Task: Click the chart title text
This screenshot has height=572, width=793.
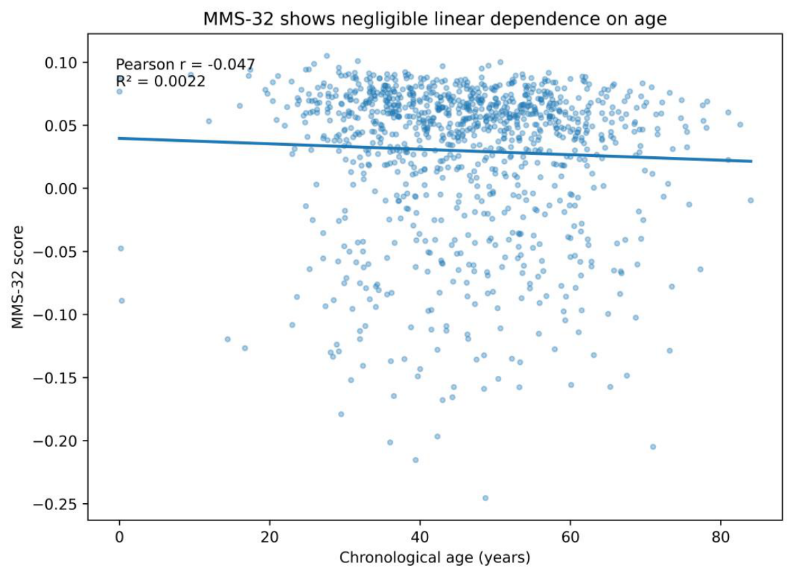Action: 435,19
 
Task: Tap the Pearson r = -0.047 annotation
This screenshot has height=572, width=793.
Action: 185,65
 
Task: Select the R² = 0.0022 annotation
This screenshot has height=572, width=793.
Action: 161,81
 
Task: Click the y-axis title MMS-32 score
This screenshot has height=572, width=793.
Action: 18,277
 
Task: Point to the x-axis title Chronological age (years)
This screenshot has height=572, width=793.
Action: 434,558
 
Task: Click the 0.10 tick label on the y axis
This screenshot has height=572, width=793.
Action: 61,63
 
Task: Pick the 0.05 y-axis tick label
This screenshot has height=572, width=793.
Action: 61,125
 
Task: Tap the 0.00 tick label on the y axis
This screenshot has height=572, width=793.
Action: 61,189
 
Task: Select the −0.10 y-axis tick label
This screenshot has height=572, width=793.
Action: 55,315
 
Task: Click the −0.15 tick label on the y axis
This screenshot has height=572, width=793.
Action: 55,379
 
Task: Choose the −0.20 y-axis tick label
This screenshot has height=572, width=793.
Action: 55,441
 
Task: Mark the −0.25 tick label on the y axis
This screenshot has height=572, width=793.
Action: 55,505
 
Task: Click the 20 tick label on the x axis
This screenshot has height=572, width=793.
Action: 270,536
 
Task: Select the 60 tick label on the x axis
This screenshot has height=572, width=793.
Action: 570,536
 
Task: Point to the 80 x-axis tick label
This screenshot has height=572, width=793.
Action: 720,536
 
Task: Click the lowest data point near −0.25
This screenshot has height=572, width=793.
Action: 485,498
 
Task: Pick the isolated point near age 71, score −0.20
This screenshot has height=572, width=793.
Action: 653,447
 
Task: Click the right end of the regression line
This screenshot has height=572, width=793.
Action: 752,161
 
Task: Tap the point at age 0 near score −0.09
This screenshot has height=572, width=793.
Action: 122,301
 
